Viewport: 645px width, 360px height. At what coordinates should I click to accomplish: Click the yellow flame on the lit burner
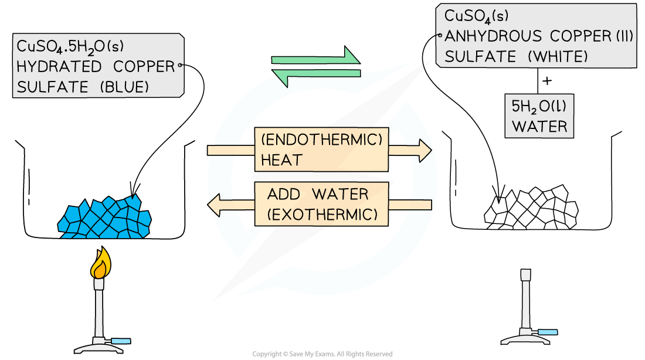pyautogui.click(x=100, y=263)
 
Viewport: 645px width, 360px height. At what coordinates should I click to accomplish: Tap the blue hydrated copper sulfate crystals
pyautogui.click(x=103, y=215)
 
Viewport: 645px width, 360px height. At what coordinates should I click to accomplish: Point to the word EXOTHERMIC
pyautogui.click(x=322, y=213)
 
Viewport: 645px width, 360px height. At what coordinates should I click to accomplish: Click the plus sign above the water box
pyautogui.click(x=547, y=81)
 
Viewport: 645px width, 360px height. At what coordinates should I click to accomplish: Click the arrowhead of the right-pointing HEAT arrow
pyautogui.click(x=424, y=150)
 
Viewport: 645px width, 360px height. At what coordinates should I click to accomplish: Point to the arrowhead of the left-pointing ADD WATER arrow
pyautogui.click(x=216, y=204)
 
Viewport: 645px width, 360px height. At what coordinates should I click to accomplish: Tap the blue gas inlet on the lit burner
pyautogui.click(x=124, y=341)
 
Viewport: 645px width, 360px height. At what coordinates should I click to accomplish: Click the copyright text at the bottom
pyautogui.click(x=322, y=354)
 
